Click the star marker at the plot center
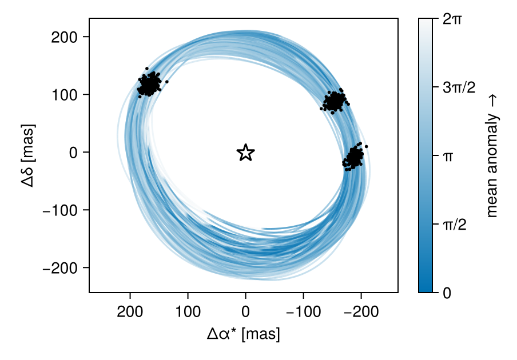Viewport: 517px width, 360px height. pyautogui.click(x=245, y=153)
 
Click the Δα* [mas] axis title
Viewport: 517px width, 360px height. pyautogui.click(x=244, y=334)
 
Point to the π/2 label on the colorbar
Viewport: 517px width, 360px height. pyautogui.click(x=455, y=225)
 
